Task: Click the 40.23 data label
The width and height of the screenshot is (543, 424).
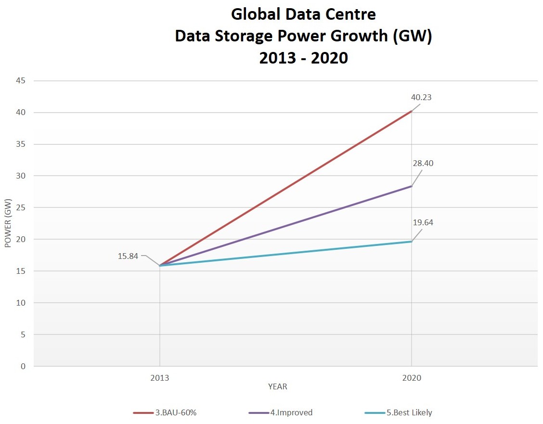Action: click(421, 97)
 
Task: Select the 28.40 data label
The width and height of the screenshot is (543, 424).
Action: click(423, 164)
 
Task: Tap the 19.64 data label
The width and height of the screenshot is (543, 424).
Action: click(423, 223)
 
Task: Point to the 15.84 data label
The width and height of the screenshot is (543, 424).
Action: click(128, 257)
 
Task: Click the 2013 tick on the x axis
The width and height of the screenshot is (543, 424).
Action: click(159, 378)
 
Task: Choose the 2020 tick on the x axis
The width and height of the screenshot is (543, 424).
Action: click(412, 378)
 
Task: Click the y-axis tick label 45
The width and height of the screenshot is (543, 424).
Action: click(21, 81)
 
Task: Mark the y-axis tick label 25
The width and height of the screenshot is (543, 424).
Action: click(21, 207)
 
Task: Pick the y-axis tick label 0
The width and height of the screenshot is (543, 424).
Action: click(23, 366)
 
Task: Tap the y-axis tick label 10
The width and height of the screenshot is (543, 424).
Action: click(21, 303)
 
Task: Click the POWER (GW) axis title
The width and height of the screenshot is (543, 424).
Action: click(8, 223)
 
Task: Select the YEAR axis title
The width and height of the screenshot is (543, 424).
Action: click(278, 387)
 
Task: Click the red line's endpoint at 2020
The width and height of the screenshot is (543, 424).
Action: click(412, 111)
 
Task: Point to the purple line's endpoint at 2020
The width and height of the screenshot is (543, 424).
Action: click(412, 186)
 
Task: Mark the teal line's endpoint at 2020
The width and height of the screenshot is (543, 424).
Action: click(412, 242)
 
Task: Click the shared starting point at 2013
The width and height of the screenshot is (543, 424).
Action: click(159, 266)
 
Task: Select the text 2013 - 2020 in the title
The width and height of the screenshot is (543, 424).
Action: click(303, 58)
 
